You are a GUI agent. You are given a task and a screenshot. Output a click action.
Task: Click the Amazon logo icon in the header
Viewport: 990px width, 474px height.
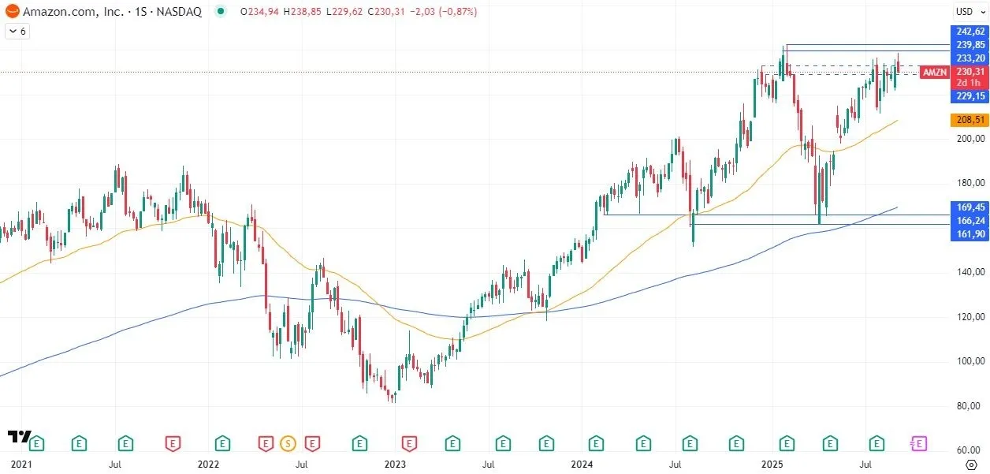12,12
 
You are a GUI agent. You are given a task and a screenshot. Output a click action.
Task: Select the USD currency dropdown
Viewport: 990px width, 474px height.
966,12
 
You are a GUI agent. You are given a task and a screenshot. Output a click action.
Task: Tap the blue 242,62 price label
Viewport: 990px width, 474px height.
970,32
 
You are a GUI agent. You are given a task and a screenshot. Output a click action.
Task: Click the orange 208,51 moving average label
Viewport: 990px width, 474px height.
970,120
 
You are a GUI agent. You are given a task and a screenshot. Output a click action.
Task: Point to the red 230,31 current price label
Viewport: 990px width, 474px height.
970,71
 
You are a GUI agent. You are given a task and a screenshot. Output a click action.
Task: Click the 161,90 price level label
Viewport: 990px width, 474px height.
970,234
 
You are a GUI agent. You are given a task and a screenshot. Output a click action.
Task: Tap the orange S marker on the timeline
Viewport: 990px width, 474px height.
287,443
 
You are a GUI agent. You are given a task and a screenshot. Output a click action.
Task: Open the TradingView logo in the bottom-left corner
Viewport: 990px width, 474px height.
19,437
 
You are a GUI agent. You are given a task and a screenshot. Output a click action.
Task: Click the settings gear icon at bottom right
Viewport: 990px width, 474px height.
971,465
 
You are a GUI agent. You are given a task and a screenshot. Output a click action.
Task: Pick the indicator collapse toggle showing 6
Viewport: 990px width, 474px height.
17,32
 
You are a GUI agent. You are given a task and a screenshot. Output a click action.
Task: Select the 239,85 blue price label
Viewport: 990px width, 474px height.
970,45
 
